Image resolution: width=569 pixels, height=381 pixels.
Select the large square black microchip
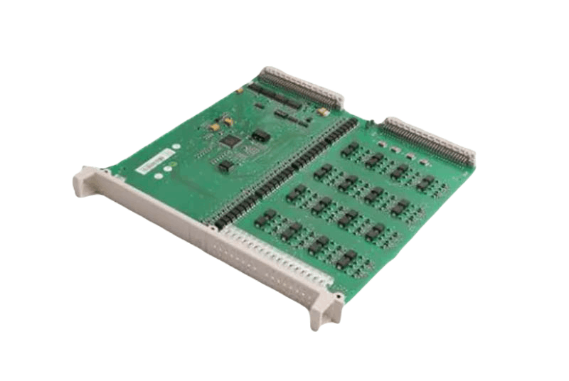click(x=230, y=141)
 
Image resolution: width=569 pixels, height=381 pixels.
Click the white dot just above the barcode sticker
click(x=176, y=146)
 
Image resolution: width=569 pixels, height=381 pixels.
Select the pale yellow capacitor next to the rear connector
click(x=322, y=112)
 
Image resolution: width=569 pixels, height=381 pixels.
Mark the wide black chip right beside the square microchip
click(x=261, y=134)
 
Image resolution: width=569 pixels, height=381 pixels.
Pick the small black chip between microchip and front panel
click(x=226, y=166)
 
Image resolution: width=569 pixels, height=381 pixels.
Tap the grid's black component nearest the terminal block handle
click(x=346, y=257)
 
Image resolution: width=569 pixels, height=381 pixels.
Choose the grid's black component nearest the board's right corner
click(x=425, y=183)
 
